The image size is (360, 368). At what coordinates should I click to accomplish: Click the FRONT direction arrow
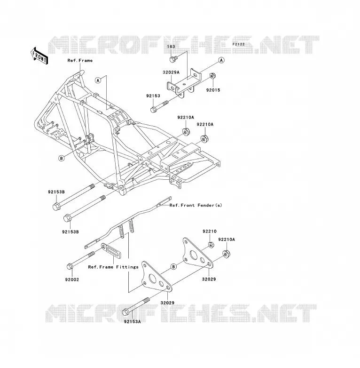click(39, 56)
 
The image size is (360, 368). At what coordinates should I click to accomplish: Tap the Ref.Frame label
click(80, 61)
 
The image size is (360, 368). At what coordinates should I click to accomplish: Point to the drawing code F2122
click(239, 44)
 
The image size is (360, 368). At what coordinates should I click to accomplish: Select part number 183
click(171, 47)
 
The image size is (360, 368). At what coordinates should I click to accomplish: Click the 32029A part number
click(171, 72)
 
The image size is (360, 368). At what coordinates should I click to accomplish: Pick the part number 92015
click(213, 90)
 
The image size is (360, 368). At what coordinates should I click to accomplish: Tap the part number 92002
click(72, 280)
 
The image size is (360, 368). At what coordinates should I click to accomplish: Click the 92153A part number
click(133, 321)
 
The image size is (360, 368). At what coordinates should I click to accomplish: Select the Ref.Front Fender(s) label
click(196, 205)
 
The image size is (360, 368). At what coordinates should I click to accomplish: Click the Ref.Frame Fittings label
click(113, 267)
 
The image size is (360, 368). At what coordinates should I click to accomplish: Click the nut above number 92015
click(213, 76)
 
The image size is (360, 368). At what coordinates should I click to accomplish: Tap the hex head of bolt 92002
click(70, 267)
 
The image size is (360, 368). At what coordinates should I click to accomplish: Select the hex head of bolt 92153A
click(125, 312)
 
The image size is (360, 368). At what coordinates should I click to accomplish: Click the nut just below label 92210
click(211, 245)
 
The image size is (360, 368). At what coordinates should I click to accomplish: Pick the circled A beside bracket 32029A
click(221, 60)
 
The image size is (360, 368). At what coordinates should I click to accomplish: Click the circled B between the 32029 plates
click(173, 267)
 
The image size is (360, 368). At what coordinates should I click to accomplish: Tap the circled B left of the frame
click(62, 159)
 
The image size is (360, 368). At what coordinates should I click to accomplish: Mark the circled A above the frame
click(98, 80)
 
